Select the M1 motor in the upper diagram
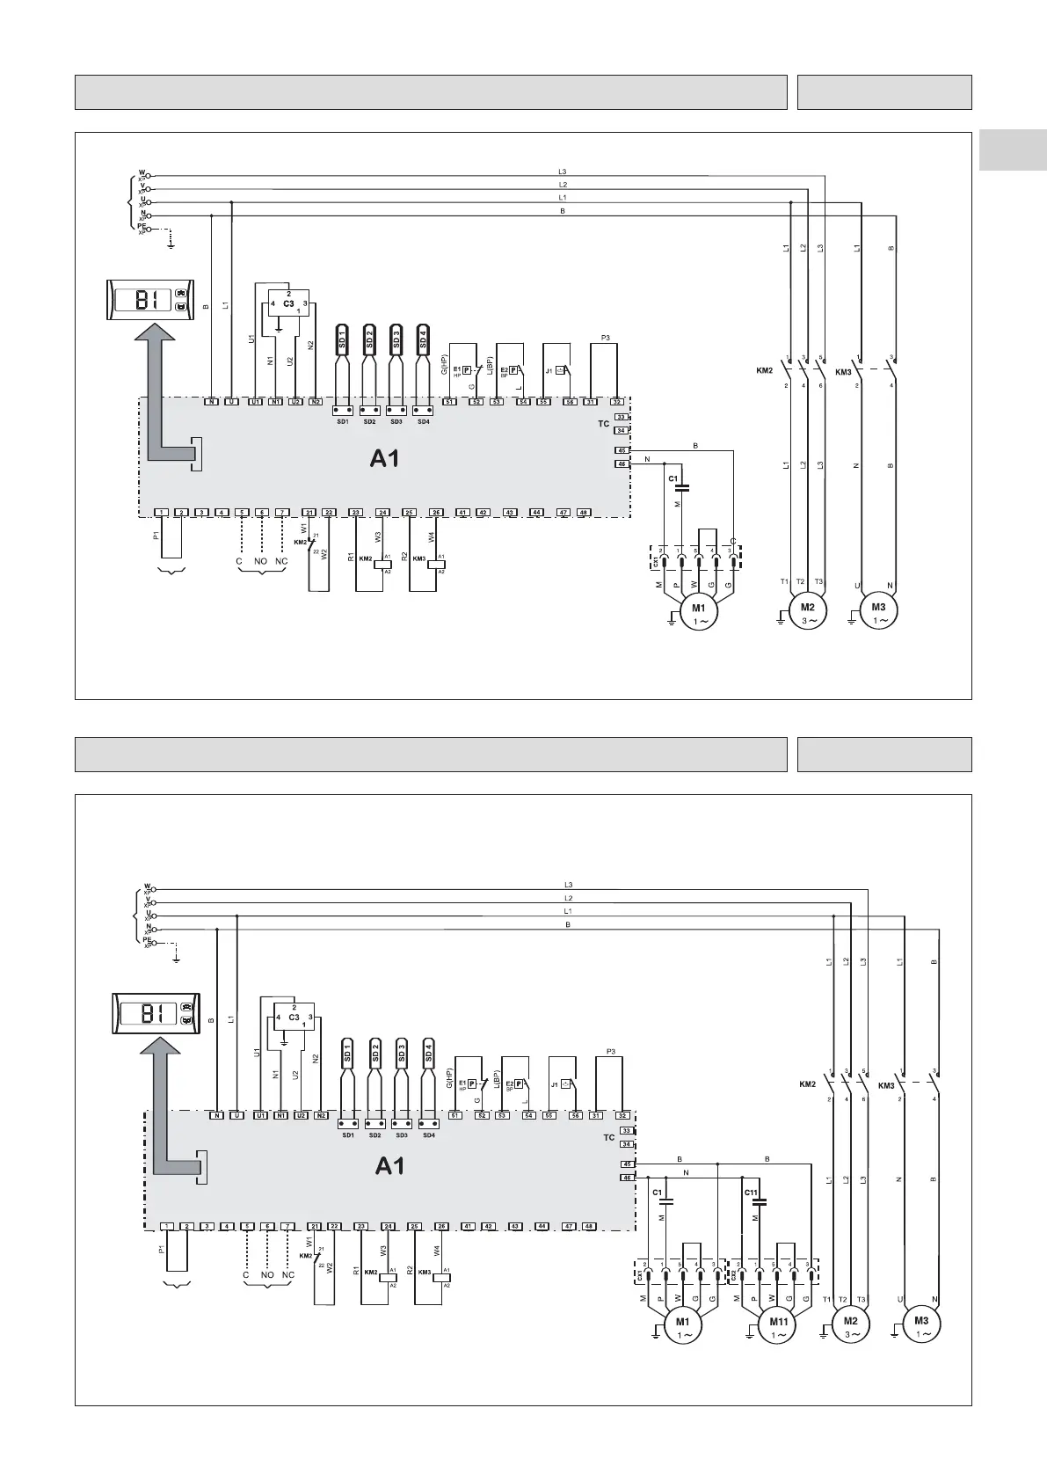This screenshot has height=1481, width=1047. pos(699,612)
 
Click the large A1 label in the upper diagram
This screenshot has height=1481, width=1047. pos(385,457)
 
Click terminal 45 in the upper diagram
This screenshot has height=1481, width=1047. pos(622,450)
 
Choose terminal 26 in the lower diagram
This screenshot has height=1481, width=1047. pos(442,1226)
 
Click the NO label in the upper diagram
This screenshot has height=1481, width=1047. pos(261,561)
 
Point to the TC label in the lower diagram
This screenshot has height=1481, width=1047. pos(609,1137)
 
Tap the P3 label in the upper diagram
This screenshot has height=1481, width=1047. pos(604,338)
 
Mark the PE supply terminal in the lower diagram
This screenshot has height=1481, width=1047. pos(149,943)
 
